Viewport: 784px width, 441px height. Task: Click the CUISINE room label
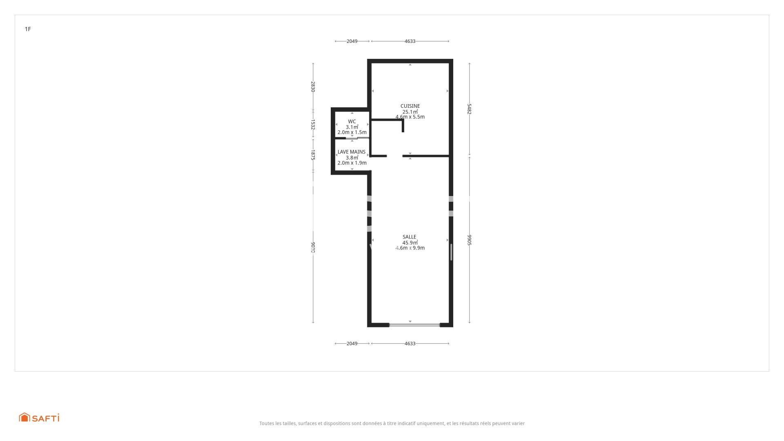[410, 106]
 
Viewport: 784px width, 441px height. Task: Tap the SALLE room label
[409, 237]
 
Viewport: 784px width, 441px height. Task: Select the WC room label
[352, 122]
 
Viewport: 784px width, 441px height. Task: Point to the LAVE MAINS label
[351, 152]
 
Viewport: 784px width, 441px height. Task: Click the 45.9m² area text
[410, 243]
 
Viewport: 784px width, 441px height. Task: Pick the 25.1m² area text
[410, 112]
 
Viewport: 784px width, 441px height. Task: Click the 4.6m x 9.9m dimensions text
[410, 248]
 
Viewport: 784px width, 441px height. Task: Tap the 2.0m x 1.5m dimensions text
[352, 132]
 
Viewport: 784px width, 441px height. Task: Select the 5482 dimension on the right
[470, 109]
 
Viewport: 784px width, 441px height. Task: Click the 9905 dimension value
[470, 240]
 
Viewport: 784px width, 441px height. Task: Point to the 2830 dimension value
[313, 87]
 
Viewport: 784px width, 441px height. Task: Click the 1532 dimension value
[313, 125]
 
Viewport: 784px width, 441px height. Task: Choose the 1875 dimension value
[313, 155]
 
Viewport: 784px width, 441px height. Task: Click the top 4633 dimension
[410, 41]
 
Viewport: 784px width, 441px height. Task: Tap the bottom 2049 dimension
[352, 343]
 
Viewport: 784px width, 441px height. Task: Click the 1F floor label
[28, 29]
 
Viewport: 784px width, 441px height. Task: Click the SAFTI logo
[39, 417]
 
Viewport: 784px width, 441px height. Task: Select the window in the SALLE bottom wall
[414, 325]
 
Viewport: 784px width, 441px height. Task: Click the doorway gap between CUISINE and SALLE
[394, 156]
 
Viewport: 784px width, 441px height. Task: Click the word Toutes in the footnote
[266, 423]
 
